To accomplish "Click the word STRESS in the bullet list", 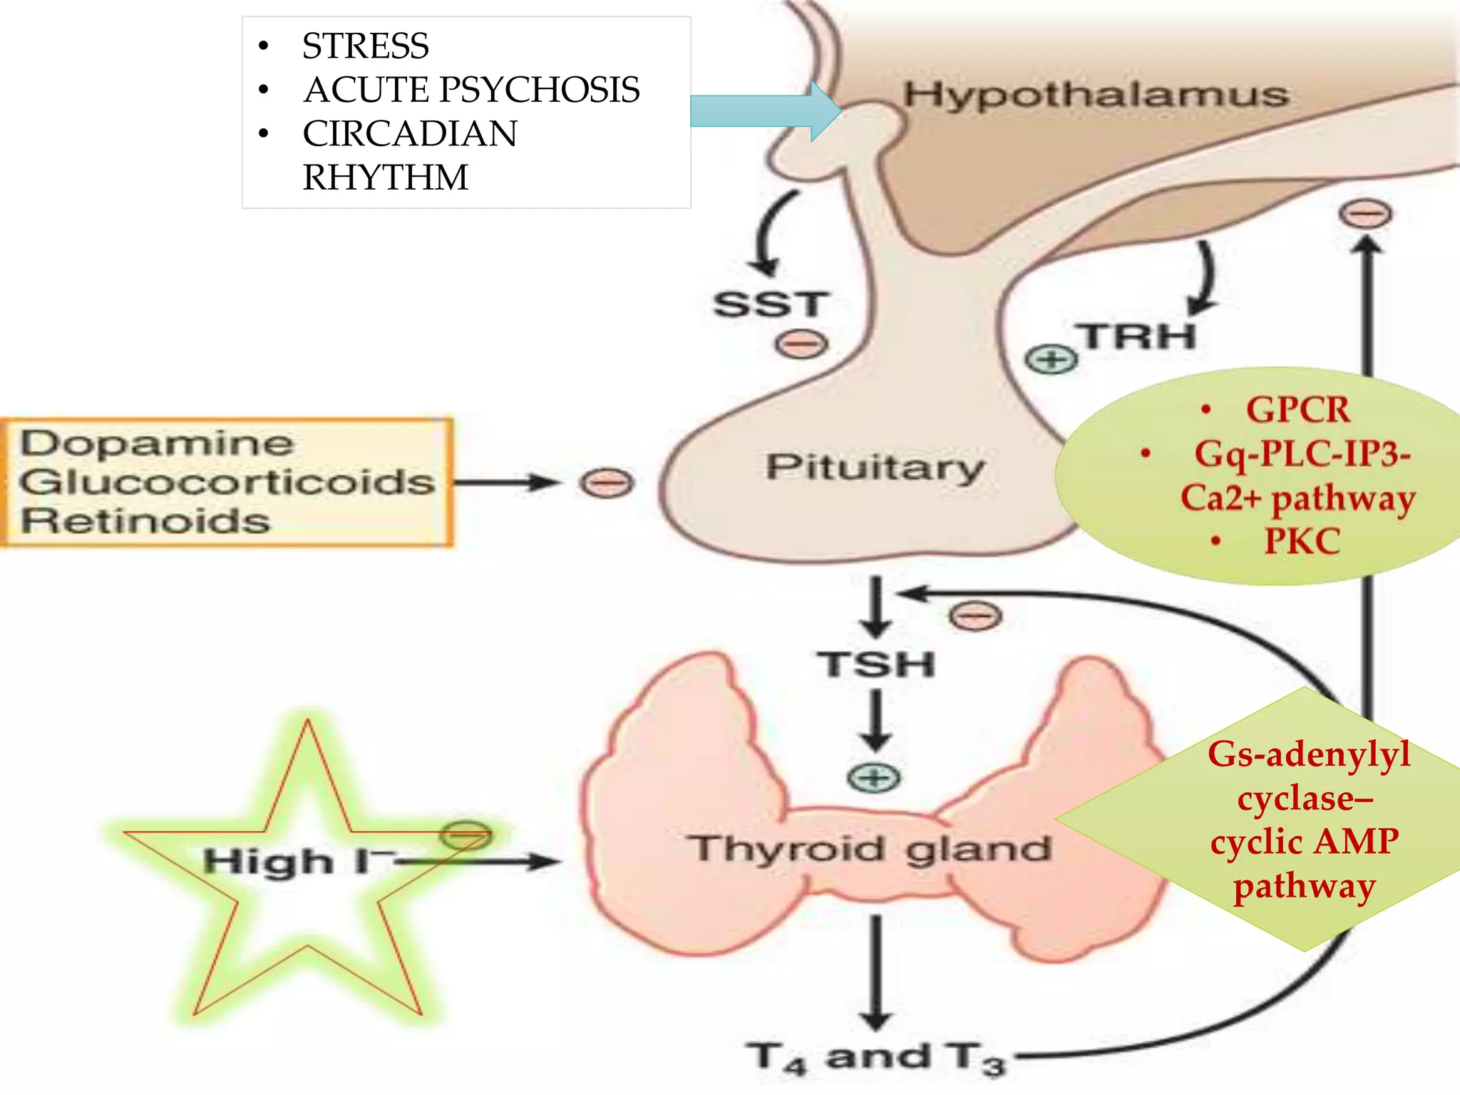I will pyautogui.click(x=365, y=46).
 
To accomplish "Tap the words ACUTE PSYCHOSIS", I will pyautogui.click(x=471, y=90).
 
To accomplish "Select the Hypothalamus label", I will pyautogui.click(x=1096, y=95).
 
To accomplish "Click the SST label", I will pyautogui.click(x=771, y=304).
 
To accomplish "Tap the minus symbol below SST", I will pyautogui.click(x=801, y=345).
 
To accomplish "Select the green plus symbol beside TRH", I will pyautogui.click(x=1051, y=359).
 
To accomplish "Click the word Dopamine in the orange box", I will pyautogui.click(x=156, y=443).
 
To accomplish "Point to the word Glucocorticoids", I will pyautogui.click(x=227, y=482).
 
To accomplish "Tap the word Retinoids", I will pyautogui.click(x=145, y=521).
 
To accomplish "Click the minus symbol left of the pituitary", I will pyautogui.click(x=606, y=483).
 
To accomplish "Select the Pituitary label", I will pyautogui.click(x=875, y=468).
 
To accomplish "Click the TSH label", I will pyautogui.click(x=876, y=664).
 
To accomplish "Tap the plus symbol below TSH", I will pyautogui.click(x=874, y=777).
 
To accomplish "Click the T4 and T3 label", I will pyautogui.click(x=876, y=1058).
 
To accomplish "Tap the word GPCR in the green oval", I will pyautogui.click(x=1297, y=410).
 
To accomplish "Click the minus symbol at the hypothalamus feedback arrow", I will pyautogui.click(x=1364, y=214).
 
